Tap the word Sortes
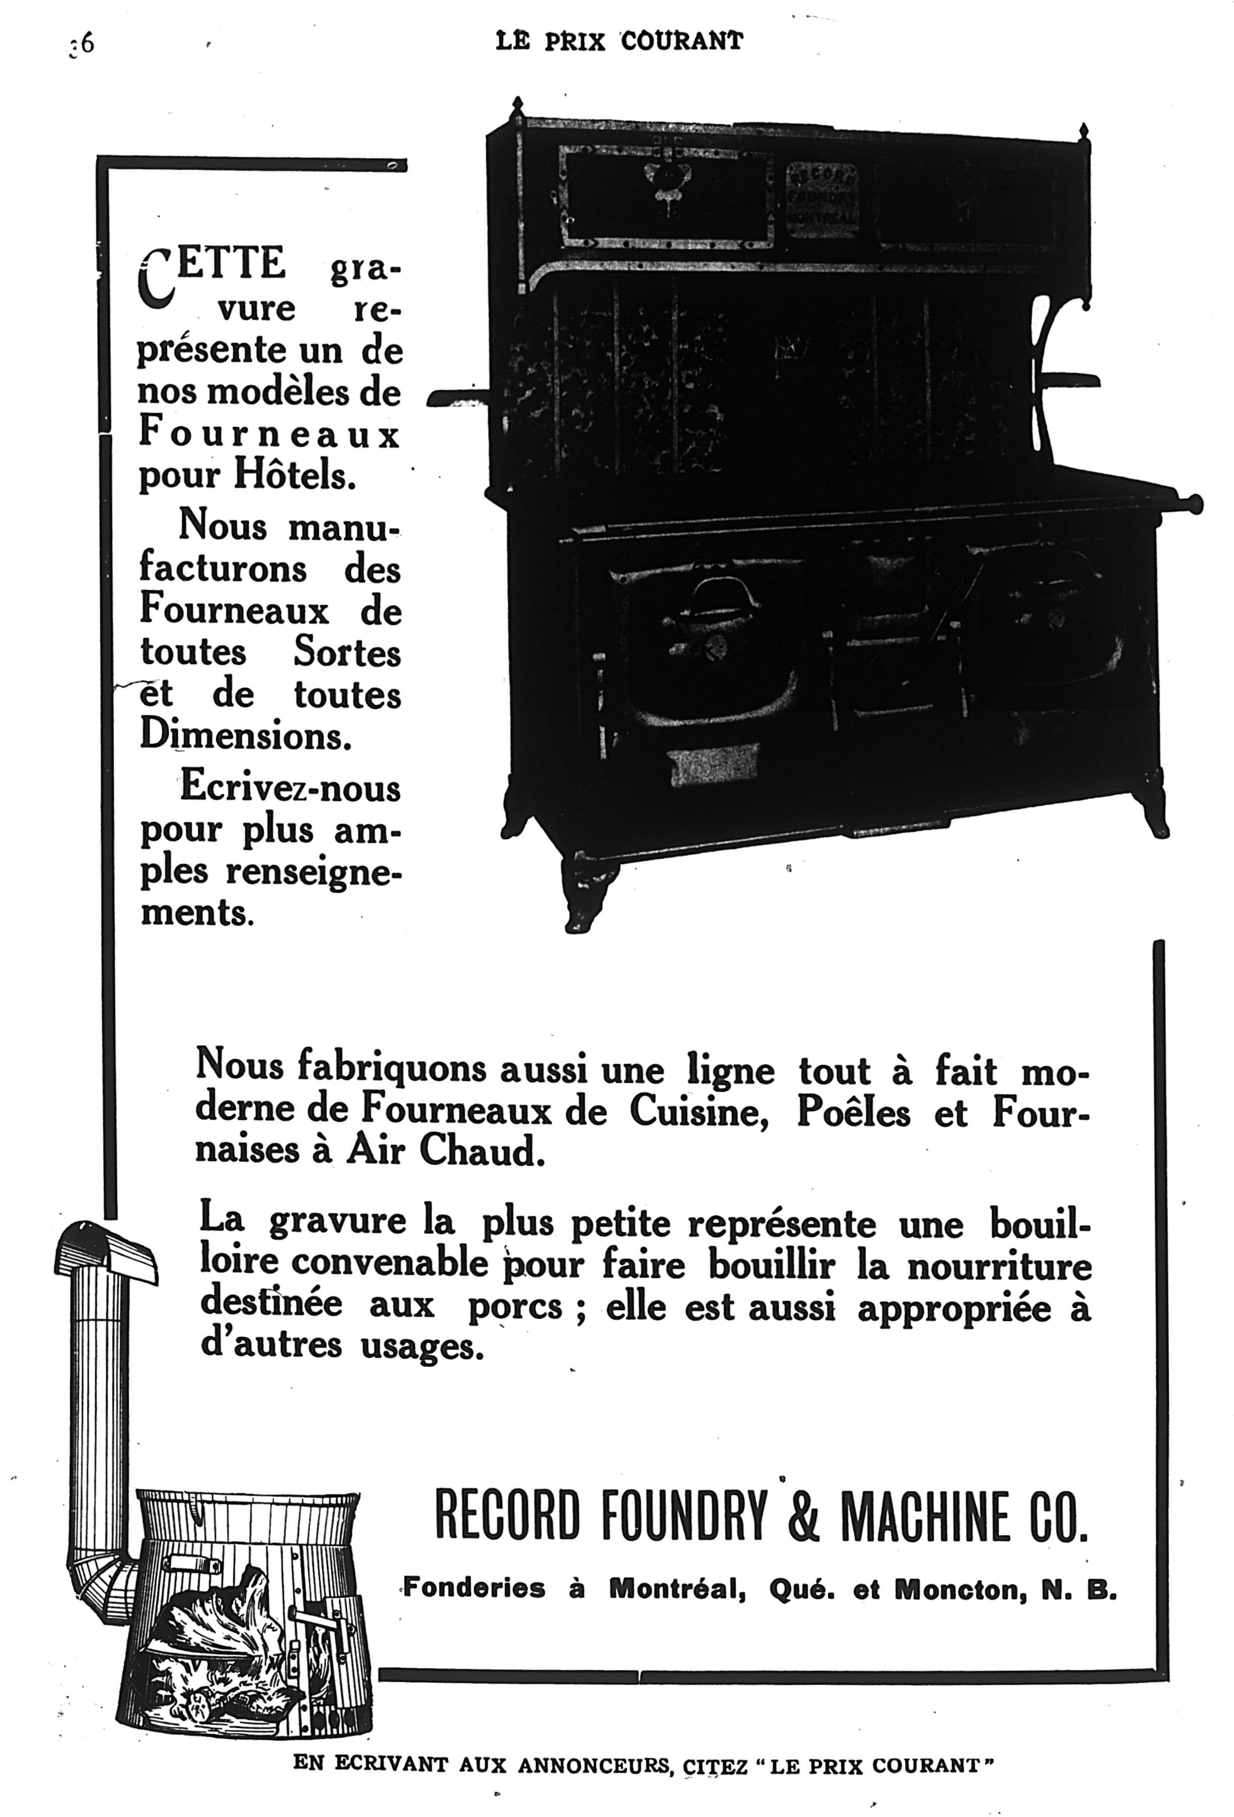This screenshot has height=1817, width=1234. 347,652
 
